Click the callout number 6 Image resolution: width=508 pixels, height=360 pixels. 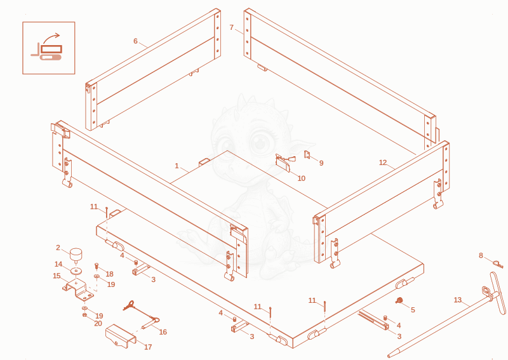135,41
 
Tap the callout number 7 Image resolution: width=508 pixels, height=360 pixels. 231,27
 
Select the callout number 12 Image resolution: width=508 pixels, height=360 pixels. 383,163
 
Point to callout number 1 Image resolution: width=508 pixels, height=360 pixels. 177,166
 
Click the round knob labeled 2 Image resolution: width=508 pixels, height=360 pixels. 76,255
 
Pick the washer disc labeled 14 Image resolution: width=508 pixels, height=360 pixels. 76,270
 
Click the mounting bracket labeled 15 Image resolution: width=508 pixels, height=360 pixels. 78,290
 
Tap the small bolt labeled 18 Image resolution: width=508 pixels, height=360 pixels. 97,266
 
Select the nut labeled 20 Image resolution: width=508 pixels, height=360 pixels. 84,315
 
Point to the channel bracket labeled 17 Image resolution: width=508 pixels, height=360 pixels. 121,337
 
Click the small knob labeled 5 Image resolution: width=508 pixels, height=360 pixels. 399,301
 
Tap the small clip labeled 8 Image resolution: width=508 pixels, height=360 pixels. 498,263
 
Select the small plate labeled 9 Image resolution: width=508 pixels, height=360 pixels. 307,154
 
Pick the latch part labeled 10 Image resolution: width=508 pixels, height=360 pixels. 285,163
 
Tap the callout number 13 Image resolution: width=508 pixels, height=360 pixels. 457,300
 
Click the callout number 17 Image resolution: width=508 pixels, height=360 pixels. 148,347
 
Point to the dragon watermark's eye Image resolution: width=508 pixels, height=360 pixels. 260,142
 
